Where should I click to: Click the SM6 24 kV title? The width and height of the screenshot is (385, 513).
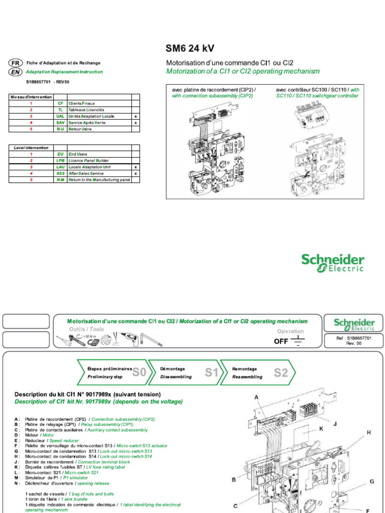click(x=190, y=49)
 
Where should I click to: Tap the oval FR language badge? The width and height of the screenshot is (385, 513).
click(x=15, y=63)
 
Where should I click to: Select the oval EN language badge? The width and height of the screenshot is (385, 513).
click(x=15, y=72)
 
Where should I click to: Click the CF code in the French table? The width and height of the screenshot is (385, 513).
click(x=60, y=103)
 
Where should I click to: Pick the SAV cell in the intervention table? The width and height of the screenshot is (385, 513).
click(x=60, y=122)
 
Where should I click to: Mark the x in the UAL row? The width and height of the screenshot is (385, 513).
click(x=135, y=116)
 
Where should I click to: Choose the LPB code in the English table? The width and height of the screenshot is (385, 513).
click(x=60, y=161)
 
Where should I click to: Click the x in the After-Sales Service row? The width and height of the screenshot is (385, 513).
click(x=135, y=173)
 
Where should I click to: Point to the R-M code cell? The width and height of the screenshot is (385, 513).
click(x=60, y=179)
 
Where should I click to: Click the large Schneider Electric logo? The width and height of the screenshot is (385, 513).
click(x=332, y=263)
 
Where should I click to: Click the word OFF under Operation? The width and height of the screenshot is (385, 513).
click(x=281, y=342)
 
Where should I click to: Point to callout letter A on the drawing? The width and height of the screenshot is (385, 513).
click(x=256, y=397)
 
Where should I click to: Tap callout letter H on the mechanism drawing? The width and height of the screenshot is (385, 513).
click(x=368, y=432)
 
